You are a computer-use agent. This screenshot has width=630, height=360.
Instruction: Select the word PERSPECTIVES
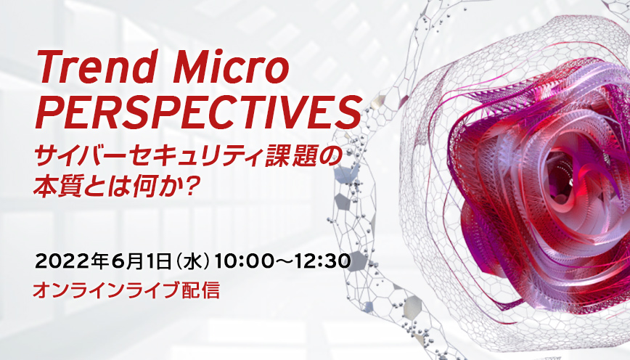pyautogui.click(x=198, y=112)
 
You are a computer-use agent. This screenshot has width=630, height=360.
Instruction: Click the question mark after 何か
pyautogui.click(x=194, y=188)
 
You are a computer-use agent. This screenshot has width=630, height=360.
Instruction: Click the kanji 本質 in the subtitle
pyautogui.click(x=55, y=188)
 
